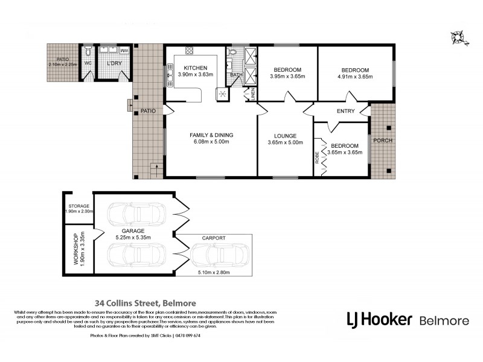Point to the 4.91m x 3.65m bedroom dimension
(x=354, y=77)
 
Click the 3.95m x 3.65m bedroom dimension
(x=287, y=77)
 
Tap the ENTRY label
(x=329, y=112)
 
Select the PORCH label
(x=383, y=141)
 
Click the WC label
(x=87, y=63)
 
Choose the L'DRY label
(x=114, y=63)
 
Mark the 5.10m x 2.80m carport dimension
(x=214, y=272)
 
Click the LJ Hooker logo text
(x=379, y=319)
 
